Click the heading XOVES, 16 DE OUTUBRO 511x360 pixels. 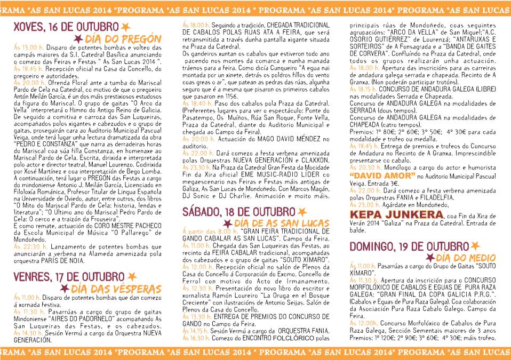[66, 27]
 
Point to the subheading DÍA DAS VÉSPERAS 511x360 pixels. [116, 289]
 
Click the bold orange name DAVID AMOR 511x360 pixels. [378, 175]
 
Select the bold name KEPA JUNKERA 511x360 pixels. [397, 214]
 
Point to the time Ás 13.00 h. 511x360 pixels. [25, 47]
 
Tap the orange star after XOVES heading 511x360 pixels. [125, 27]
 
